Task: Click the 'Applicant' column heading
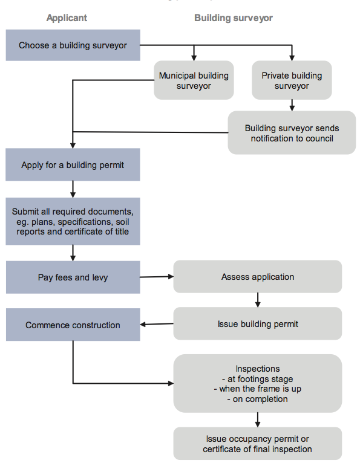(x=67, y=18)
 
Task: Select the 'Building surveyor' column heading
(x=234, y=18)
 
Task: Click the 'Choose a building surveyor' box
(x=73, y=45)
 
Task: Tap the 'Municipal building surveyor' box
(x=194, y=80)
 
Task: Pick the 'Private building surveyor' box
(x=292, y=80)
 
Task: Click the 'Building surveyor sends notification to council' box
(x=292, y=132)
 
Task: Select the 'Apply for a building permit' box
(x=73, y=164)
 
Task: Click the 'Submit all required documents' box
(x=73, y=221)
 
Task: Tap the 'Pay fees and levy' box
(x=73, y=277)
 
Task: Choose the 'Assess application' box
(x=258, y=277)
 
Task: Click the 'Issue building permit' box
(x=258, y=323)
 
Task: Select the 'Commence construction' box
(x=73, y=325)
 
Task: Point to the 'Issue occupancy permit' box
(x=258, y=444)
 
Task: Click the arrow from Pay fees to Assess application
(x=157, y=277)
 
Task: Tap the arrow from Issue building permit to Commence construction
(x=157, y=324)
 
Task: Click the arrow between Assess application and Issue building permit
(x=258, y=300)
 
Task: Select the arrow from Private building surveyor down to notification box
(x=292, y=105)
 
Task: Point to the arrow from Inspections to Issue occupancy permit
(x=258, y=420)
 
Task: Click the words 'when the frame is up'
(x=260, y=389)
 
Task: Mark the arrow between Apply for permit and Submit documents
(x=73, y=189)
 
